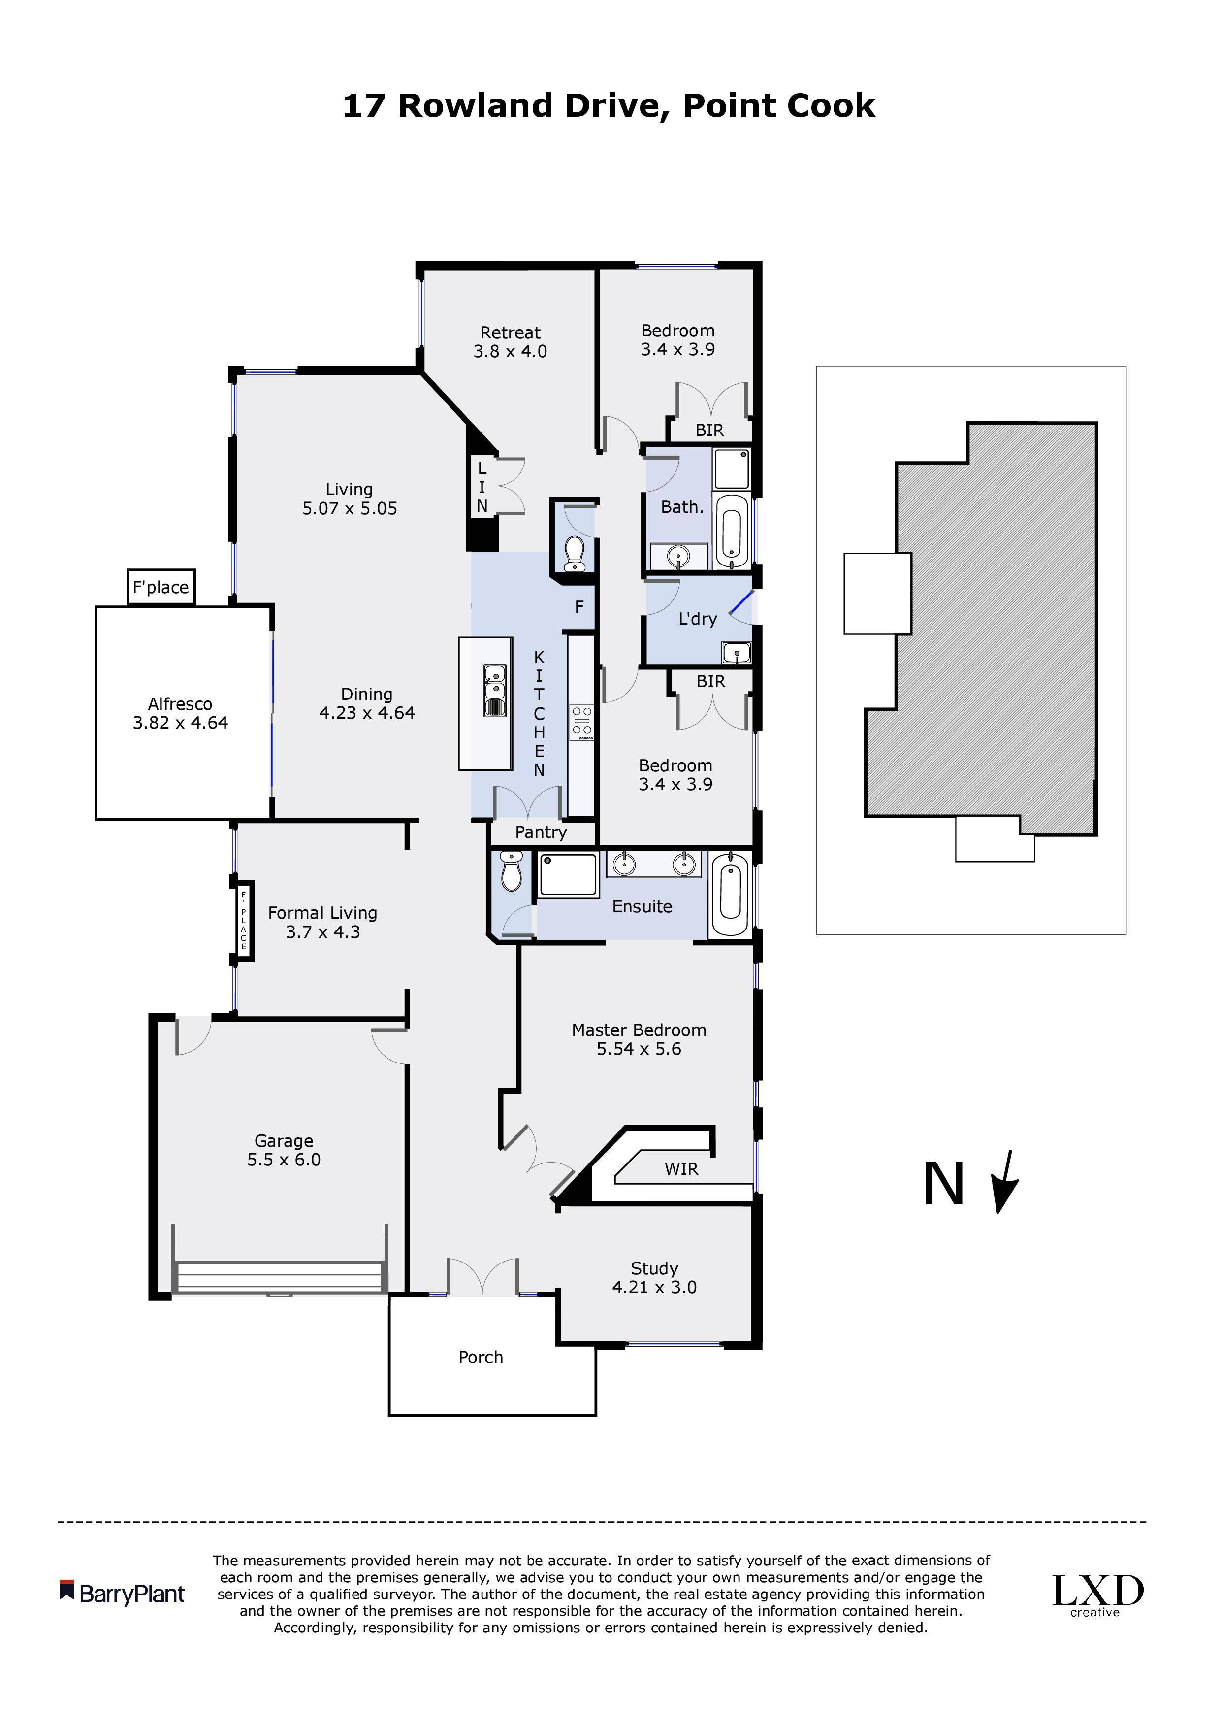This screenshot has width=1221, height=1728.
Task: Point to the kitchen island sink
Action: pos(494,690)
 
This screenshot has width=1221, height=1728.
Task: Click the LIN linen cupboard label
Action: pos(482,487)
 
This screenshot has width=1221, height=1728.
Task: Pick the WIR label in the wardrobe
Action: pos(681,1169)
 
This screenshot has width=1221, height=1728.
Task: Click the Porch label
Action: pos(481,1357)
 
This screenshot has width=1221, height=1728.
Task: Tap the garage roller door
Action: pos(280,1277)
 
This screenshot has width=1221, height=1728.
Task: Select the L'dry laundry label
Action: pos(697,619)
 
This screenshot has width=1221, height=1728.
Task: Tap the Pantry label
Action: pos(541,832)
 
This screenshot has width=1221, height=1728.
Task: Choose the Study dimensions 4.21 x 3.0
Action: pos(654,1287)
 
